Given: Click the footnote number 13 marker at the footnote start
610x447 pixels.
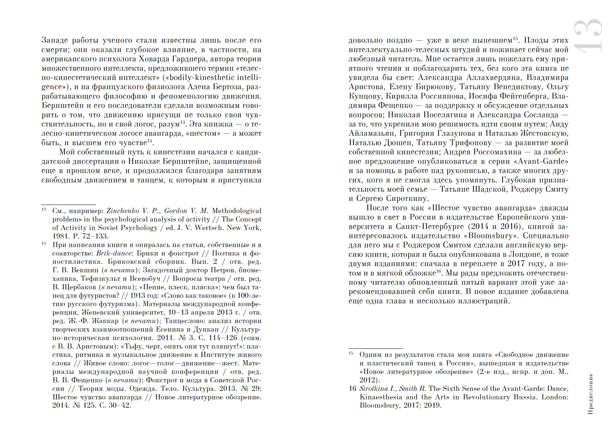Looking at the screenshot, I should click(44, 209).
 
